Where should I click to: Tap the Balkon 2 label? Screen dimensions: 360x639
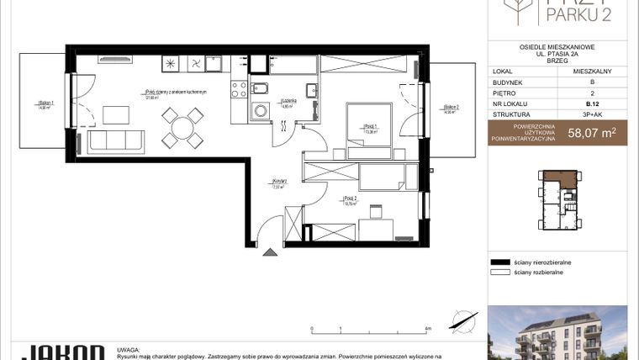(x=451, y=108)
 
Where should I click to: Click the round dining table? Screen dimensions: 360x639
(x=182, y=128)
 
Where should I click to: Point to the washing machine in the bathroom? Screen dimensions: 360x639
(x=261, y=108)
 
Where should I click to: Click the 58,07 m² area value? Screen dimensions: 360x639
(x=592, y=132)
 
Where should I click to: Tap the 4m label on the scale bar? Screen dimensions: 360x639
(x=429, y=329)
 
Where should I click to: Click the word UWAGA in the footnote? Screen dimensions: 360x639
(x=129, y=347)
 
